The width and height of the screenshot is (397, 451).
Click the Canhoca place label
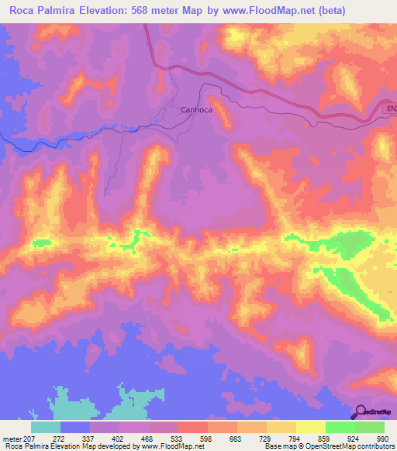tap(197, 110)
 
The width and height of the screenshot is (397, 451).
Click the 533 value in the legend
tap(178, 438)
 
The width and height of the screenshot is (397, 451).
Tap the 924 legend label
tap(354, 438)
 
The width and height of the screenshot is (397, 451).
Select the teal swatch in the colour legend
tap(46, 427)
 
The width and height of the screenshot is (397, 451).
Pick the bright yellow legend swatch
tap(311, 427)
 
